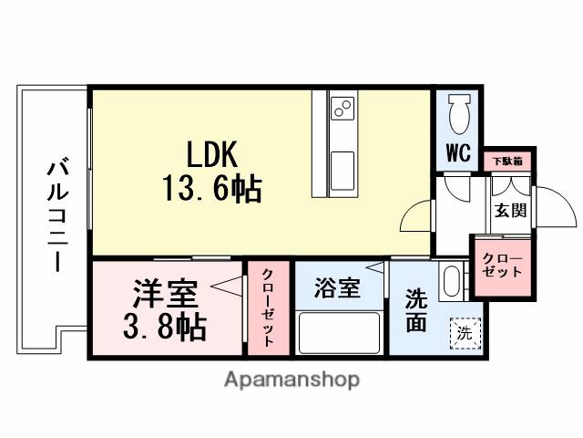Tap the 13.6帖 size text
(213, 189)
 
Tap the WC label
(458, 153)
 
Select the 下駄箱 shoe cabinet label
(506, 162)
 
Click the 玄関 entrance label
(510, 210)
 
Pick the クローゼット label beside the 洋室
(269, 308)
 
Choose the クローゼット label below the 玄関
(502, 266)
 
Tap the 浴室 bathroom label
(337, 289)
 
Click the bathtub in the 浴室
(339, 331)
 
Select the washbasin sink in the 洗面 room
(452, 282)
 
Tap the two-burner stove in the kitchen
(343, 109)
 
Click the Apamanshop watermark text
(291, 379)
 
